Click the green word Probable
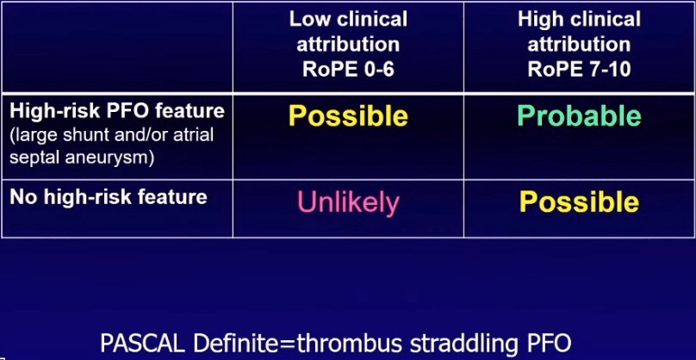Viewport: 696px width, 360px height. pyautogui.click(x=579, y=116)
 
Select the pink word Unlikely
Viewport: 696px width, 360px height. pyautogui.click(x=348, y=203)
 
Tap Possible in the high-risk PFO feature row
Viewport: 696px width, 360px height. pyautogui.click(x=348, y=116)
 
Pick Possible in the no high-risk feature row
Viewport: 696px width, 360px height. pyautogui.click(x=579, y=202)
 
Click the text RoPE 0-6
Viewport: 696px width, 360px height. pyautogui.click(x=348, y=70)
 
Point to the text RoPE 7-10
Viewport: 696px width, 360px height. pyautogui.click(x=579, y=70)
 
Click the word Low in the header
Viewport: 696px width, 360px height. pyautogui.click(x=310, y=19)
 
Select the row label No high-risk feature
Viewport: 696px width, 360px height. pyautogui.click(x=109, y=197)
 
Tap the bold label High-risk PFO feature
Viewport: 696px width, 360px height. pyautogui.click(x=117, y=111)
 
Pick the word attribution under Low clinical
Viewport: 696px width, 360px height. pyautogui.click(x=348, y=45)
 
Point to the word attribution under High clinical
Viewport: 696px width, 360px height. pyautogui.click(x=579, y=45)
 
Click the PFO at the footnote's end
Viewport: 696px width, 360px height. pyautogui.click(x=549, y=343)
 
